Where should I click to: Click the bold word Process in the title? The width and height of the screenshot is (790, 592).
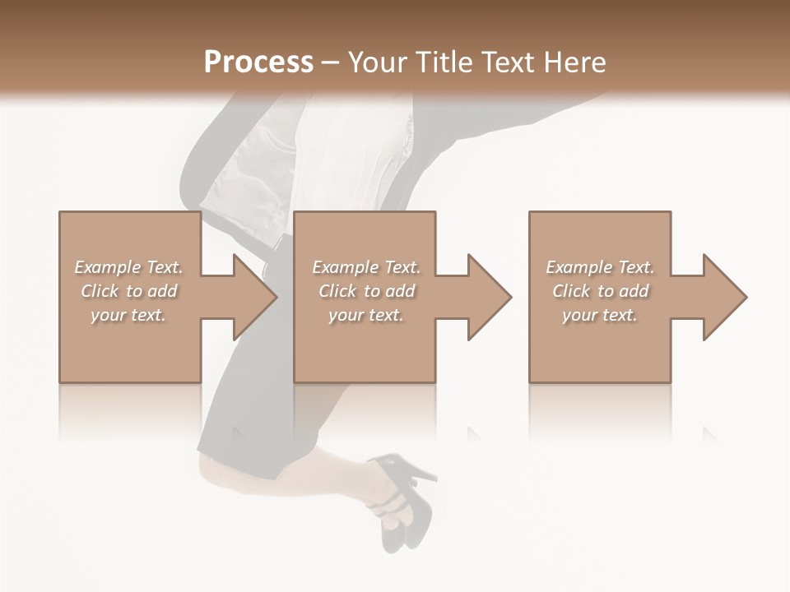click(258, 62)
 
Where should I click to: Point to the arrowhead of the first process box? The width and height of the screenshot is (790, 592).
click(255, 297)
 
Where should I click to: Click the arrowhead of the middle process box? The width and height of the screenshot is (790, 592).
click(490, 297)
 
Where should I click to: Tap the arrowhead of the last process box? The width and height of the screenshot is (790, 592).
click(725, 297)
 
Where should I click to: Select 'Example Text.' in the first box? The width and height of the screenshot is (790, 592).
click(128, 267)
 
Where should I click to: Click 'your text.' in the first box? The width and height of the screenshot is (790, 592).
click(128, 315)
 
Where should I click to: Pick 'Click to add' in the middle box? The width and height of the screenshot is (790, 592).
click(366, 291)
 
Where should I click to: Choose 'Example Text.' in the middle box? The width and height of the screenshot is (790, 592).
click(366, 267)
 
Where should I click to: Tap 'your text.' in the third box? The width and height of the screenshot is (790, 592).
click(600, 315)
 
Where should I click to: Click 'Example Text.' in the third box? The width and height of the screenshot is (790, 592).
click(600, 267)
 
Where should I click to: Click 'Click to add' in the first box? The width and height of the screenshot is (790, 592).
click(128, 291)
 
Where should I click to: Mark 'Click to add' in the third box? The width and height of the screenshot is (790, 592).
click(600, 291)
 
